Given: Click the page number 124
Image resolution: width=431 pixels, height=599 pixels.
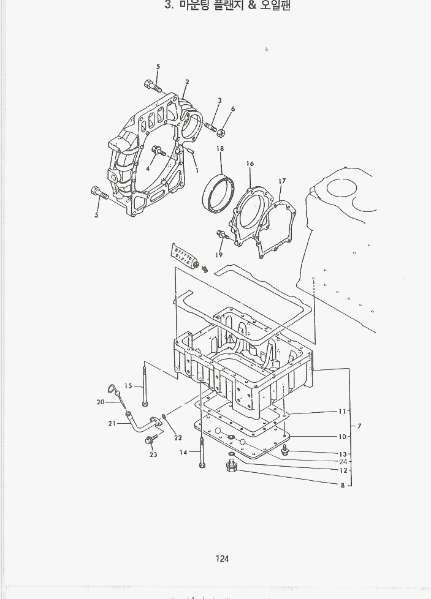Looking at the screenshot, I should point(222,558).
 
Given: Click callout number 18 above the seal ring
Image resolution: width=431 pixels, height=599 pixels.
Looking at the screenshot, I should point(219,149).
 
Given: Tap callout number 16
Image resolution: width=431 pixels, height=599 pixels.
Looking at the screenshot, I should point(250,164).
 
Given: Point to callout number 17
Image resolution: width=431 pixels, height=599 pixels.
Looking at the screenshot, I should point(281,181).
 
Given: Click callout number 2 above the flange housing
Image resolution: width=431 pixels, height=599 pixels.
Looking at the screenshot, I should point(187,81).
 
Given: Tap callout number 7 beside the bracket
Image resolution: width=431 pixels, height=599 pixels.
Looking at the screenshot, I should point(360,426).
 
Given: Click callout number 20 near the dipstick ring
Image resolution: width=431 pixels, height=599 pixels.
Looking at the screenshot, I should point(101,402).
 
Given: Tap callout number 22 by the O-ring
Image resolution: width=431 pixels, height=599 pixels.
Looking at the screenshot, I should point(178,437).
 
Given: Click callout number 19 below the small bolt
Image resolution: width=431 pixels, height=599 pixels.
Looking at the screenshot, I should point(219,254).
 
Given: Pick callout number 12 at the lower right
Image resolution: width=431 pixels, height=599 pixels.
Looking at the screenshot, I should point(343,470).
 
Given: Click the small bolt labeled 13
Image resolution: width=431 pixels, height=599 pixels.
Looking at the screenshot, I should point(286,452).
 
